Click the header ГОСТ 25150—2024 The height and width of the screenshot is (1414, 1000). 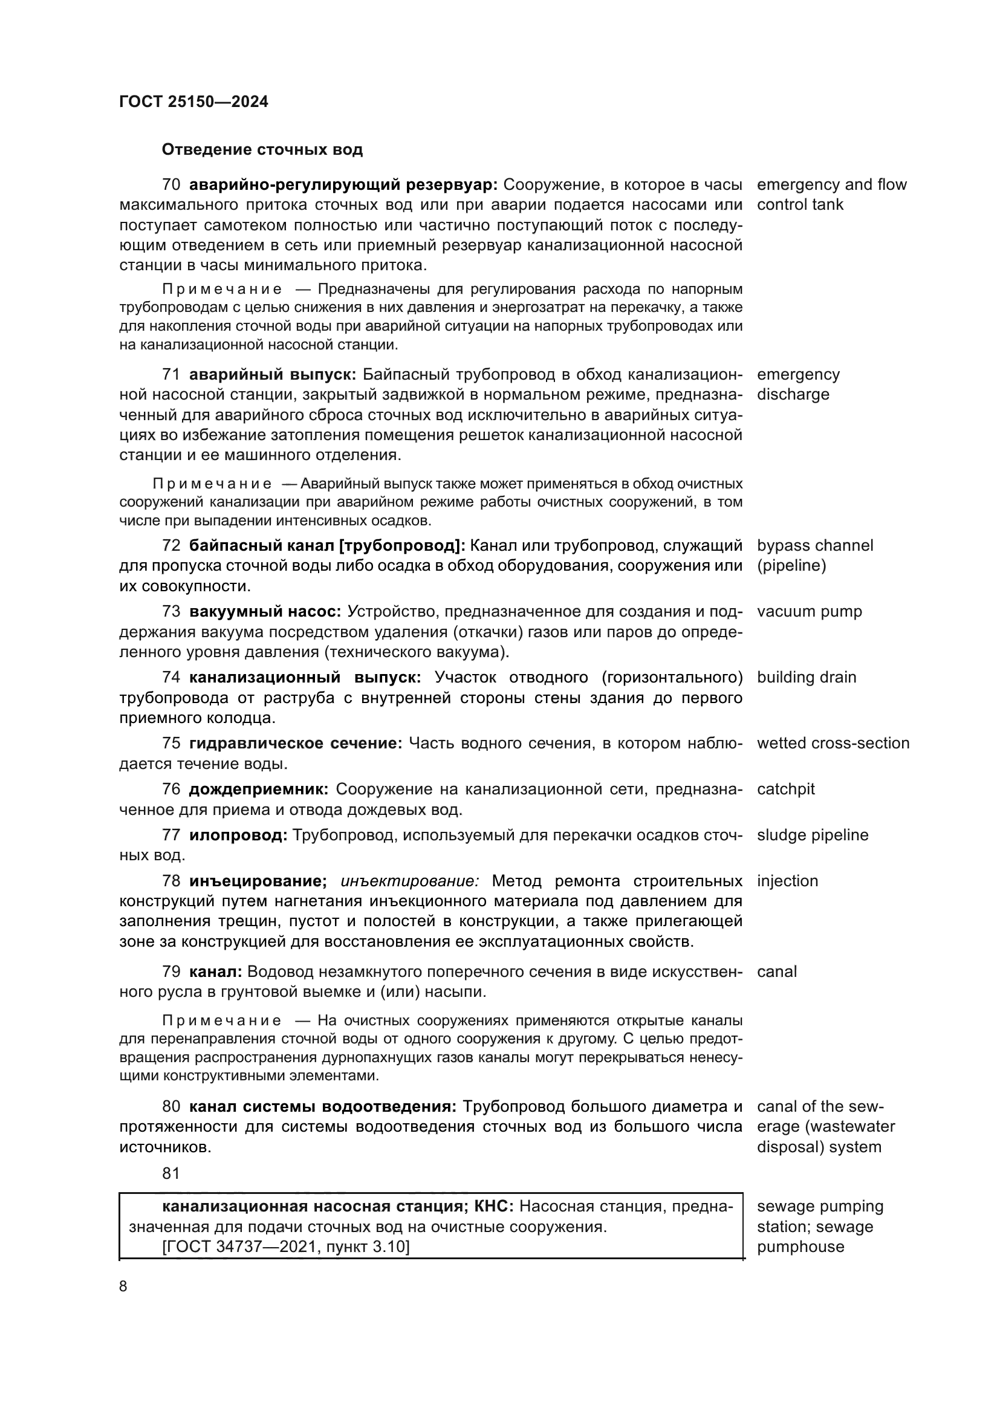193,102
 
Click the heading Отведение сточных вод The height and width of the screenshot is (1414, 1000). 262,150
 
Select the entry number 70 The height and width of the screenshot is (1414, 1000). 171,185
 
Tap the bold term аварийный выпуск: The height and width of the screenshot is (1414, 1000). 272,374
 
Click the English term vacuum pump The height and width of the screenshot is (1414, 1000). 809,612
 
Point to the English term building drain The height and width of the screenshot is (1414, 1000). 806,678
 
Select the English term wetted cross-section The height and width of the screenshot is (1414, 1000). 833,744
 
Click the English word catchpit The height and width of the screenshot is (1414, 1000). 785,790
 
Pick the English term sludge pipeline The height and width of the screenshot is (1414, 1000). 812,835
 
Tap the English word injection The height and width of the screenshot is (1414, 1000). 787,881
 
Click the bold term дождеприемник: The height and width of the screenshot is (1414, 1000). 259,790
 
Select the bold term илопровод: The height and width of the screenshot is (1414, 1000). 238,835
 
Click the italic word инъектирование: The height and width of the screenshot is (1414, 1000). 409,881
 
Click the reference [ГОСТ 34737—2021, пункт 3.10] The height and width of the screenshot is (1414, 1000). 286,1247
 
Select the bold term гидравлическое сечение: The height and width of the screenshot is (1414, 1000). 295,744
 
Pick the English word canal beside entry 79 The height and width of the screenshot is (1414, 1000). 776,972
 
